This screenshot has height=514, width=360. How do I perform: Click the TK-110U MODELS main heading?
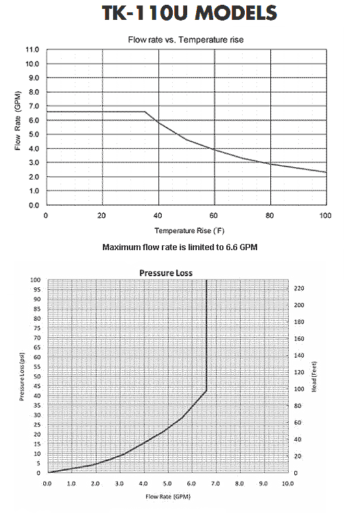189,13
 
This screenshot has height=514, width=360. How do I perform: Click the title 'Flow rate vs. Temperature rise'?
186,40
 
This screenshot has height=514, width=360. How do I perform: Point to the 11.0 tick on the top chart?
32,50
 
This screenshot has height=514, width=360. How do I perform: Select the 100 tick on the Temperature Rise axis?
325,215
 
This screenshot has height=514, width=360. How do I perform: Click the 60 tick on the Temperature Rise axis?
213,215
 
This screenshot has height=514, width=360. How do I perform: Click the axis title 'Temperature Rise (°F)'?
189,231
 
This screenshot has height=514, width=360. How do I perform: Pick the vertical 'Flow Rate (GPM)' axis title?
18,121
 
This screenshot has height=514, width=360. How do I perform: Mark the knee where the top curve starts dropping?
145,112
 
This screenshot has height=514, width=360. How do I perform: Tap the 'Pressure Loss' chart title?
166,273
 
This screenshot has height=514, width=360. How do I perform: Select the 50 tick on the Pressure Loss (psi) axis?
37,376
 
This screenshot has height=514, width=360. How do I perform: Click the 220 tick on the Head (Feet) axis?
299,288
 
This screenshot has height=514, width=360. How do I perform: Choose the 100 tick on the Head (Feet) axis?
299,389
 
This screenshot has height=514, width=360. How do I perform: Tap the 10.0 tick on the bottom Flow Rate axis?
287,484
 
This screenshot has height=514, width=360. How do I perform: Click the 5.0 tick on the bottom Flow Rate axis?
167,484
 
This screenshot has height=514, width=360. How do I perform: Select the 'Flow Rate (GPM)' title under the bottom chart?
168,497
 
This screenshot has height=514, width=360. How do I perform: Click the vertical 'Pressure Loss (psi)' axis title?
22,377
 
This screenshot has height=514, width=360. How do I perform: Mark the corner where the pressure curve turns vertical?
206,391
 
